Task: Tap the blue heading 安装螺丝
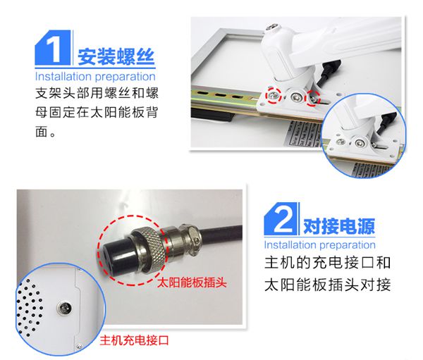coord(116,56)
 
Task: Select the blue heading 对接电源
coord(339,226)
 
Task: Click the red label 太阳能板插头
coord(192,283)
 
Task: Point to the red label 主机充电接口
coord(135,340)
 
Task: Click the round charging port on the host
coord(64,307)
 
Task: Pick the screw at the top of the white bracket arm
coord(272,27)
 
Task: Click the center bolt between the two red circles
coord(296,97)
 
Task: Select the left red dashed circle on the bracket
coord(273,96)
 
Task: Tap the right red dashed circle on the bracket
coord(312,98)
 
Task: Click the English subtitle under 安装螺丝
coord(95,76)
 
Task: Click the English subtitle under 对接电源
coord(319,245)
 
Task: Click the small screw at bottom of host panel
coord(79,346)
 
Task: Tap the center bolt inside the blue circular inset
coord(359,142)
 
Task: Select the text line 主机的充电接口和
coord(328,262)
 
